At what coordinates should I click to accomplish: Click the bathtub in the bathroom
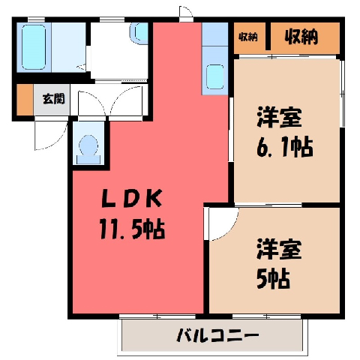[x=34, y=47]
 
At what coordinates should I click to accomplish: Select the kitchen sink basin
[x=215, y=76]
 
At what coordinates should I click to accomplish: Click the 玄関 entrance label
[x=54, y=99]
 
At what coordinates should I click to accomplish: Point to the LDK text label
[x=132, y=198]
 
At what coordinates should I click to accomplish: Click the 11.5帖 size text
[x=132, y=229]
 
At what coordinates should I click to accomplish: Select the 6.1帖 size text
[x=284, y=147]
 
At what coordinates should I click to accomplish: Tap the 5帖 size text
[x=273, y=278]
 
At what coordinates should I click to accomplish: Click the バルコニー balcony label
[x=217, y=336]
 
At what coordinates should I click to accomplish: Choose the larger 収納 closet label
[x=301, y=37]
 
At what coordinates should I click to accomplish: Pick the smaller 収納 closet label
[x=247, y=37]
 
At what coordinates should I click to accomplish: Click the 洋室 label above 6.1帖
[x=279, y=117]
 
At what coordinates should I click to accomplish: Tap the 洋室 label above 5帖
[x=279, y=249]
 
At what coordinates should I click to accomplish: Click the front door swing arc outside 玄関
[x=59, y=142]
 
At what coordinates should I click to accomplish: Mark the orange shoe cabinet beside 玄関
[x=25, y=100]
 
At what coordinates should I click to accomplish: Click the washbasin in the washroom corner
[x=139, y=33]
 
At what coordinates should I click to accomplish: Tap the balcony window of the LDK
[x=157, y=316]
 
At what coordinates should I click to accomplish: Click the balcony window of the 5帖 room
[x=266, y=316]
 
